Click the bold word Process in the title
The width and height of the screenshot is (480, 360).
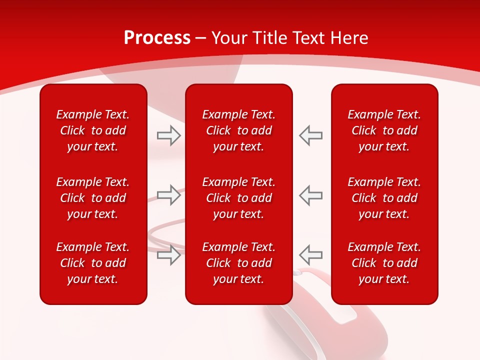157,38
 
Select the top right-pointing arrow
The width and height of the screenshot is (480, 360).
168,135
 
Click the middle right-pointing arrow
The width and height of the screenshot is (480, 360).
168,195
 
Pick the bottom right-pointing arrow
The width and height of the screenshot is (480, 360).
168,254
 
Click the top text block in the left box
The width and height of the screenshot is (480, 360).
93,130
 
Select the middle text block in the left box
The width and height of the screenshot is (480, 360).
93,198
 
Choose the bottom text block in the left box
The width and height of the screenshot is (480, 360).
93,263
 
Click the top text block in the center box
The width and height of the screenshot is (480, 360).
238,130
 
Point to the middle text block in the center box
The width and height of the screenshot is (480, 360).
238,198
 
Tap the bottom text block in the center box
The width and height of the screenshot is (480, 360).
238,263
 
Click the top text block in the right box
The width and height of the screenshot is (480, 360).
384,130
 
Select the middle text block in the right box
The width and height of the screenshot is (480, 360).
384,198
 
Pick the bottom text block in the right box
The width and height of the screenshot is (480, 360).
384,263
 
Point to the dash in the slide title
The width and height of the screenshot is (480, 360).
201,38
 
